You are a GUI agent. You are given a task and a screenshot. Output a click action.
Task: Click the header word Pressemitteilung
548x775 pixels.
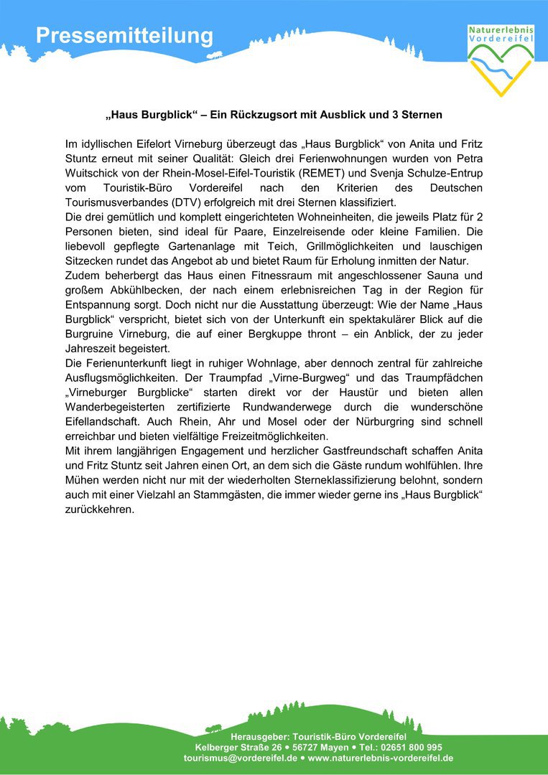(x=125, y=36)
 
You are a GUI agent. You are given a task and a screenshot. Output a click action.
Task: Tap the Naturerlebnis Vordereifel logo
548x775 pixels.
(x=501, y=60)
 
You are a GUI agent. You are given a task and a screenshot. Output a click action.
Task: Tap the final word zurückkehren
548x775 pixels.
(x=100, y=510)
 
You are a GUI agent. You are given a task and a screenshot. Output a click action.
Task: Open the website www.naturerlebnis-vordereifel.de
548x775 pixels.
(x=380, y=758)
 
